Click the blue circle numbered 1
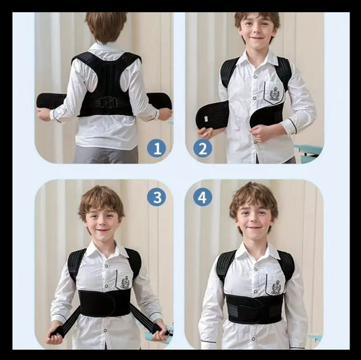coord(156,148)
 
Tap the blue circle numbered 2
coord(202,148)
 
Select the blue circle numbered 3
coord(156,197)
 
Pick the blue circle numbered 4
coord(202,197)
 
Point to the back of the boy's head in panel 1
coord(106,26)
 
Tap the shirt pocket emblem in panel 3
coord(125,282)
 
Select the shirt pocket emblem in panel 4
coord(276,287)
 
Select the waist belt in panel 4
coord(253,310)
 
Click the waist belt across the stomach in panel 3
coord(105,303)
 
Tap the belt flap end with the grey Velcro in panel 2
coord(212,116)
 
